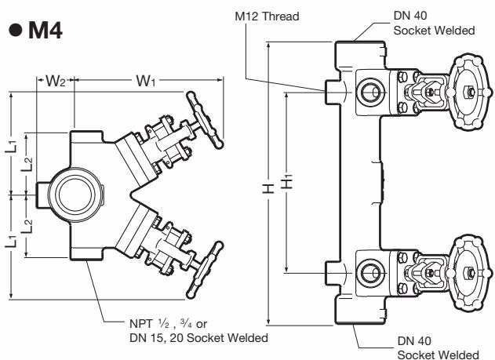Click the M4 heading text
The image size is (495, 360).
[x=45, y=31]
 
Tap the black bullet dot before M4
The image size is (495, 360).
[x=16, y=31]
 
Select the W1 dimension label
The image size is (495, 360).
[x=146, y=81]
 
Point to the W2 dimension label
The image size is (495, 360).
[x=56, y=81]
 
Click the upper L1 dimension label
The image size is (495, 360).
[x=11, y=146]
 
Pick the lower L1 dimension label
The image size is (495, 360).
[x=11, y=241]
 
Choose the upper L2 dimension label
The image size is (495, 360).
[x=27, y=164]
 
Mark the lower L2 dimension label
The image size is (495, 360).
[x=27, y=226]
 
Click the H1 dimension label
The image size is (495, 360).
[x=287, y=182]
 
